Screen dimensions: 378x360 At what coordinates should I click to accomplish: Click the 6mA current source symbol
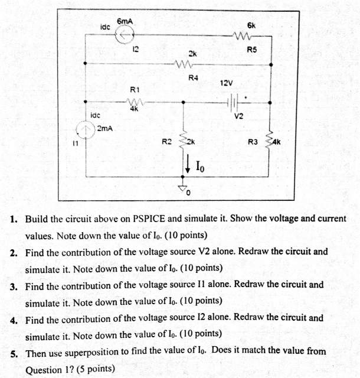pyautogui.click(x=124, y=37)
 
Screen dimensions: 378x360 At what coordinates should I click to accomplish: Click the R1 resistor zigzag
pyautogui.click(x=135, y=102)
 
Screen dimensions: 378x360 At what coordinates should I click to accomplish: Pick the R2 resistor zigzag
pyautogui.click(x=184, y=140)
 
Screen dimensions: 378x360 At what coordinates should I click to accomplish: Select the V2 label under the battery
pyautogui.click(x=238, y=116)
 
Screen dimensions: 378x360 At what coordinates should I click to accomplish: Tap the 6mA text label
pyautogui.click(x=126, y=21)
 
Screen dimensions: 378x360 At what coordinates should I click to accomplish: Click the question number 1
pyautogui.click(x=14, y=219)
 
